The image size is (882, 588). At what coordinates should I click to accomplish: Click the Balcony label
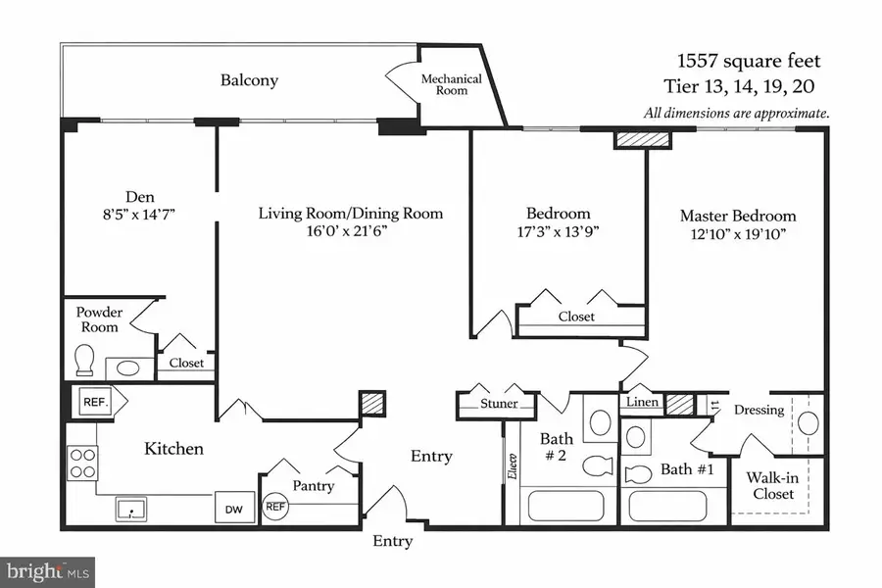248,80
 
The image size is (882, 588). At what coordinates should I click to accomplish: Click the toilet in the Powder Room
85,360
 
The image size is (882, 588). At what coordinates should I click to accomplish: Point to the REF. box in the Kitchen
95,400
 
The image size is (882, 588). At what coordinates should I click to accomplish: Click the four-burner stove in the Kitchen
82,462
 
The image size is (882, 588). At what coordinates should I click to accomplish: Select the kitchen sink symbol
129,509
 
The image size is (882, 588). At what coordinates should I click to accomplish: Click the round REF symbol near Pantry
276,507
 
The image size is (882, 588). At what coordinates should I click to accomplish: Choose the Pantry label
313,486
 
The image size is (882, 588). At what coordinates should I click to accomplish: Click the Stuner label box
498,404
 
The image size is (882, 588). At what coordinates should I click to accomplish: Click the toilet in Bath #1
637,475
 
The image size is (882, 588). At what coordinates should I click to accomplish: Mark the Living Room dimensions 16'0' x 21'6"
351,232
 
